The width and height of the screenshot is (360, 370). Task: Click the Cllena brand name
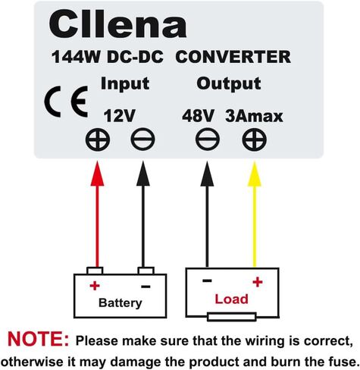click(x=117, y=25)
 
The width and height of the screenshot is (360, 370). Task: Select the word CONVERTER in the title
click(x=233, y=57)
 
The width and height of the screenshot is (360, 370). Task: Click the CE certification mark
click(x=66, y=102)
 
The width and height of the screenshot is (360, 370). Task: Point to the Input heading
click(x=125, y=83)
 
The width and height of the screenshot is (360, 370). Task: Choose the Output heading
click(x=229, y=83)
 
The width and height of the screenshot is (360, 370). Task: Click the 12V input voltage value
click(x=120, y=116)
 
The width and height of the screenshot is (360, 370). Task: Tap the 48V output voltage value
click(x=198, y=116)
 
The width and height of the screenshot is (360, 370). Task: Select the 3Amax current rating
click(x=254, y=116)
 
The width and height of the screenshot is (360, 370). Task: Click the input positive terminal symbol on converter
click(x=98, y=140)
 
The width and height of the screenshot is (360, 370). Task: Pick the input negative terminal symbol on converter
click(x=142, y=140)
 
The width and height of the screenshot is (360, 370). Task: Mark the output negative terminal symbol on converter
click(x=208, y=140)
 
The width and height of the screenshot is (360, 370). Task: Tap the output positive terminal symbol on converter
click(x=255, y=140)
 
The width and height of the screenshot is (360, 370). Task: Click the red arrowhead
click(x=97, y=174)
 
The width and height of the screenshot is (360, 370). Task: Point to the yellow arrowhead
click(x=255, y=174)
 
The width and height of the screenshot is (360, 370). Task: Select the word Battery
click(x=121, y=303)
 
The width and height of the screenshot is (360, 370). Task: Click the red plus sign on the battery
click(x=95, y=286)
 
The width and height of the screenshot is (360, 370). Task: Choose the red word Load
click(x=231, y=299)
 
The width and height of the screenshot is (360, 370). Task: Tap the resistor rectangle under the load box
click(x=232, y=317)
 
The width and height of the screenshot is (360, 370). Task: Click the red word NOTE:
click(x=38, y=339)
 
